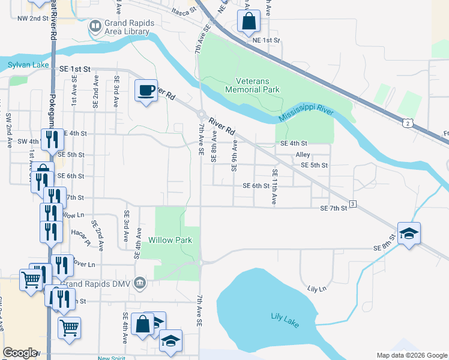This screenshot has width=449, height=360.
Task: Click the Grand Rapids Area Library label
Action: (x=129, y=28)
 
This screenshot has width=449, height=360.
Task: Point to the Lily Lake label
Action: (x=285, y=317)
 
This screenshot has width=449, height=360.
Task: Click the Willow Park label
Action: (x=170, y=240)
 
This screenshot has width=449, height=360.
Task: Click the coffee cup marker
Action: (x=146, y=91)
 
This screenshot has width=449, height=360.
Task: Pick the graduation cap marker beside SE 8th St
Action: (x=409, y=233)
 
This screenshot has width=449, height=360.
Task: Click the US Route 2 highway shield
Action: (x=408, y=124)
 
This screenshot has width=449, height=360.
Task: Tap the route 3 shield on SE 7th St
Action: (x=353, y=205)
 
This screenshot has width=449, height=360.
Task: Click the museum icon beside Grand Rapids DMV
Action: (x=140, y=282)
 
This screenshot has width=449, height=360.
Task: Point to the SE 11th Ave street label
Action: (x=274, y=187)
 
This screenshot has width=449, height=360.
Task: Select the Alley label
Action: (x=303, y=154)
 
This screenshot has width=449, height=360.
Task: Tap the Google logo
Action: (x=20, y=353)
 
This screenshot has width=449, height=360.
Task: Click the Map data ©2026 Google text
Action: (x=412, y=355)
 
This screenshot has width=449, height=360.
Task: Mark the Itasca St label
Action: (x=184, y=11)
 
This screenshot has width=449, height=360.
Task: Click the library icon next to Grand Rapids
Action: (x=95, y=27)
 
